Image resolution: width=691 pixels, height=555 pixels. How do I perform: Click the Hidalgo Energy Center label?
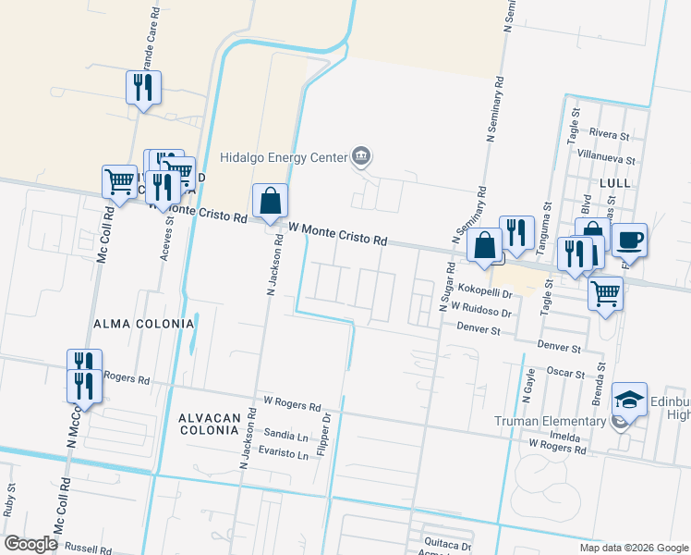coord(284,156)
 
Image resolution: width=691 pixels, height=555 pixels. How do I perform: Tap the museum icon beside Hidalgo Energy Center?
coord(361,156)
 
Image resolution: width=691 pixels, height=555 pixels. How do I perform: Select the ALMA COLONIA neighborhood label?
coord(144,324)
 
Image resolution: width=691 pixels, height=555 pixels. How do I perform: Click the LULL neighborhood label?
coord(614,183)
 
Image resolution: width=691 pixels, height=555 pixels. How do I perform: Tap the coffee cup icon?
coord(629,240)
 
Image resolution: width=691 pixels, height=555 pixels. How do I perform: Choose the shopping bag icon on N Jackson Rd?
coord(270,200)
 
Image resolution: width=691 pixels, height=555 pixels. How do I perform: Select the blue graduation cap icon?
coord(629,399)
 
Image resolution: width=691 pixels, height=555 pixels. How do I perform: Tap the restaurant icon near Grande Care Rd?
coord(143,87)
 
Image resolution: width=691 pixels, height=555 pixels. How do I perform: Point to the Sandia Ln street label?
coord(285,435)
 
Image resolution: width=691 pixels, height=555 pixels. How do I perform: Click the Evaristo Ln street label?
coord(283,455)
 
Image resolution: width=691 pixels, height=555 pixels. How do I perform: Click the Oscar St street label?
coord(566,374)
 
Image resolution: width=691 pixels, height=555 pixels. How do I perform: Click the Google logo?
coord(30,544)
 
